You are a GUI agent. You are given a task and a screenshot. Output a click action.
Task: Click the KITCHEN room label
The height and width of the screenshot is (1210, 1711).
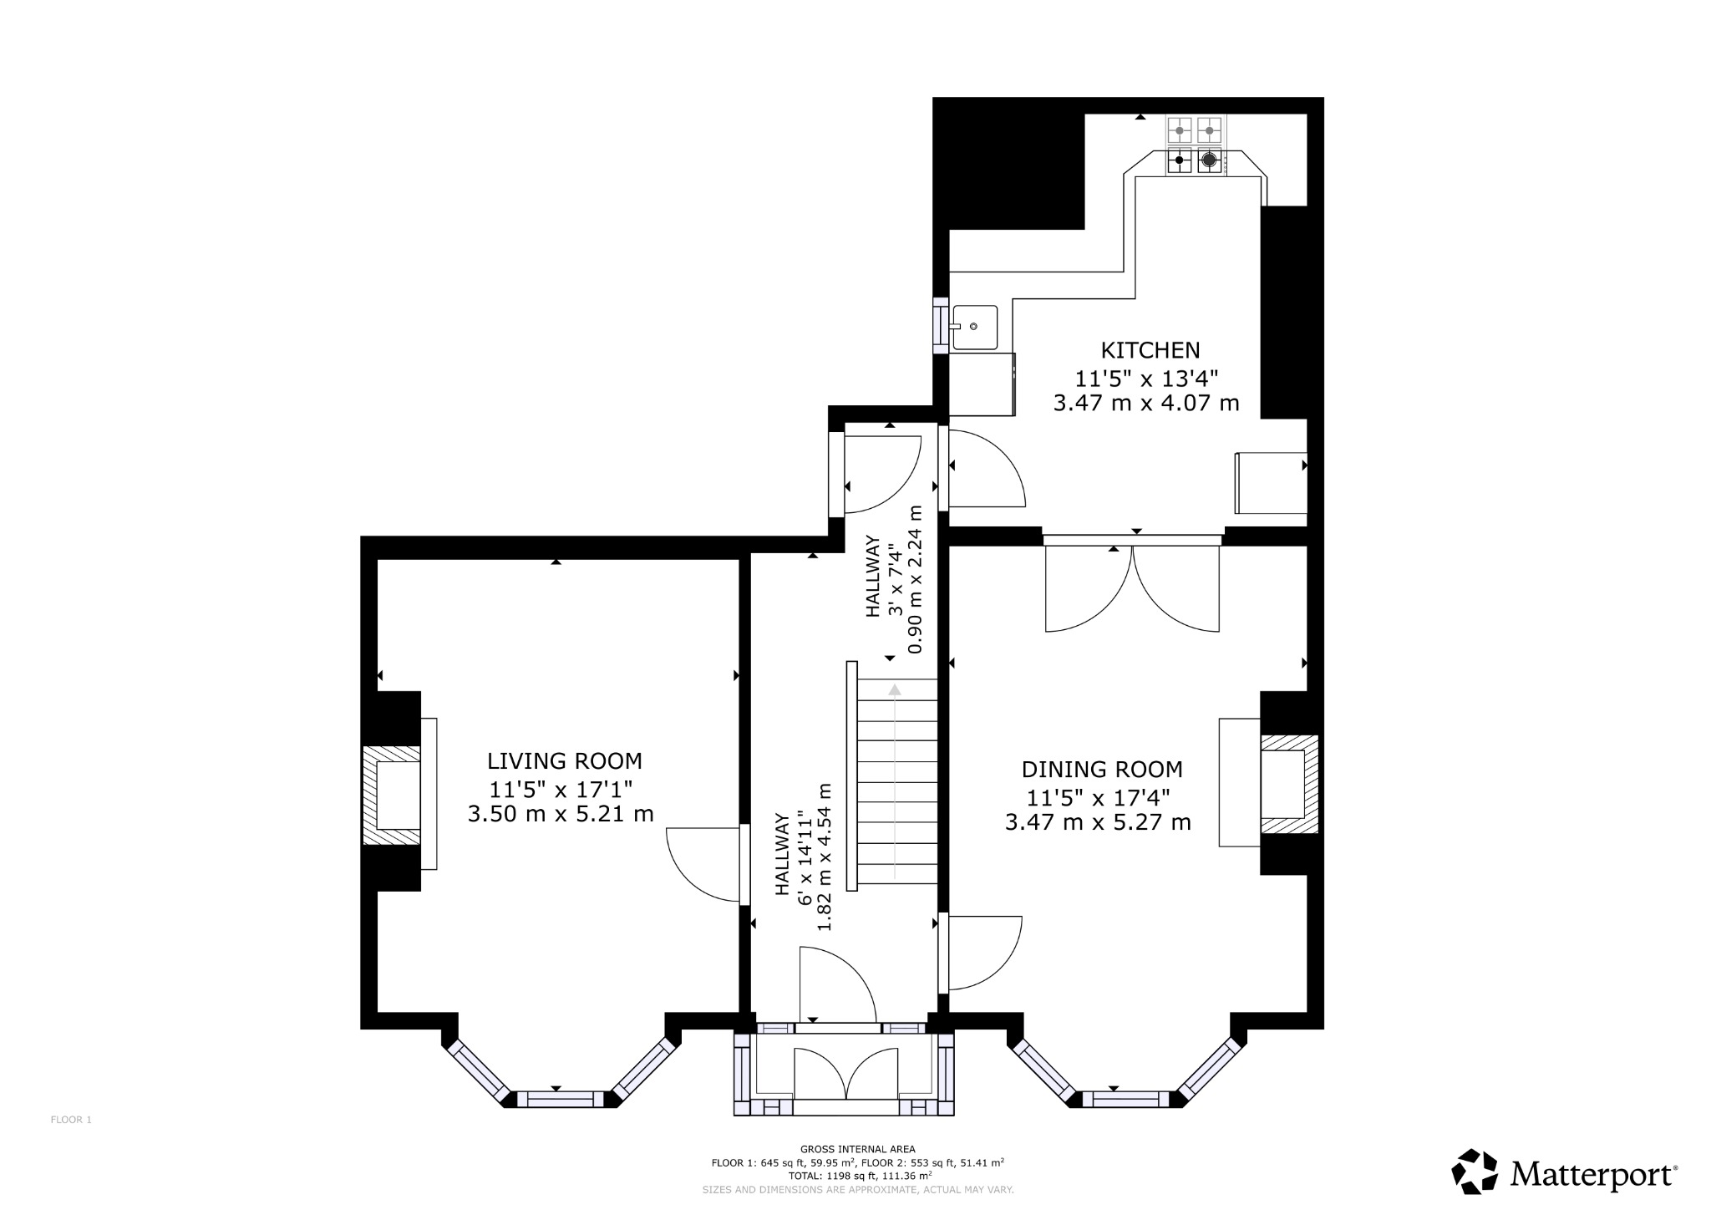pos(1150,350)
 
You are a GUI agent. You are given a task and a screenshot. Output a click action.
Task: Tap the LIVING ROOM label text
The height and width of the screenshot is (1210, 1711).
pos(564,761)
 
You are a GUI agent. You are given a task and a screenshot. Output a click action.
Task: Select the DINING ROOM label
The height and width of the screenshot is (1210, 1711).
pos(1101,770)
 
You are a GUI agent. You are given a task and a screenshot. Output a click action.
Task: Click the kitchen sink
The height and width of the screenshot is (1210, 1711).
pos(975,327)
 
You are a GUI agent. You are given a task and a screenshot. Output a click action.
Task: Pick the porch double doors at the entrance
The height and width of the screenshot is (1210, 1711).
pos(845,1075)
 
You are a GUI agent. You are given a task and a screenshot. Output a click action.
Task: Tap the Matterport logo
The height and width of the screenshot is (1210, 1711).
pos(1563,1174)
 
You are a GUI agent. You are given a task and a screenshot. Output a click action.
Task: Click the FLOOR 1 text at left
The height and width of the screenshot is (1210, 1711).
pos(71,1120)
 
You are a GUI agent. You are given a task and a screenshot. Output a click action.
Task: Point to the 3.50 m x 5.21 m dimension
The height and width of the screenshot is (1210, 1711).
pos(560,814)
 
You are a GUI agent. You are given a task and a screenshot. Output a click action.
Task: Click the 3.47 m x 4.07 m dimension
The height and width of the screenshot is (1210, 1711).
pos(1145,404)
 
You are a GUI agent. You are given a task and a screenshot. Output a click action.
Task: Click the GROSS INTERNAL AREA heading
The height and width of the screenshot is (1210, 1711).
pos(857,1149)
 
